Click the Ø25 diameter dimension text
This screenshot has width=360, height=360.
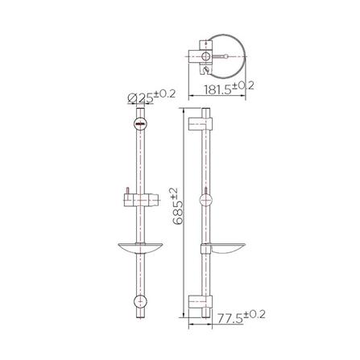[139, 99]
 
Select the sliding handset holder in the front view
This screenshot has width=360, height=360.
[138, 198]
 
